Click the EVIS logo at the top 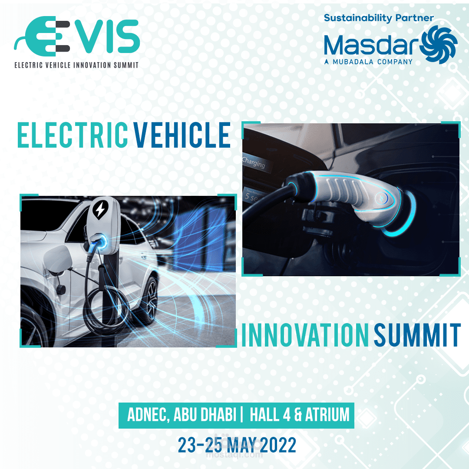(x=77, y=36)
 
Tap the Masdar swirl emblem (x=439, y=44)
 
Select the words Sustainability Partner (x=379, y=18)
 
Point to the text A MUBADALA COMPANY (x=369, y=62)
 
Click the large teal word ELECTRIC (x=73, y=135)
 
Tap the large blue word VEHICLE (x=182, y=135)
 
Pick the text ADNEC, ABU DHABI (x=182, y=415)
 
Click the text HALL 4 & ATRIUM (x=300, y=415)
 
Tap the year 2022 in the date (x=278, y=445)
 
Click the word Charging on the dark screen (x=254, y=163)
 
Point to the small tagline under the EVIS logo (x=76, y=65)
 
